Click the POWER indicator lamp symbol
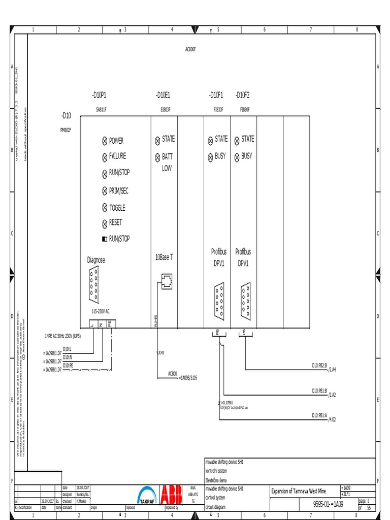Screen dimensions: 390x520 105,141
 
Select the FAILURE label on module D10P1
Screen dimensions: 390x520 117,156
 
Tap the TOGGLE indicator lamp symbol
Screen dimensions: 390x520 105,208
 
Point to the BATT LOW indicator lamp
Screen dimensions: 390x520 157,157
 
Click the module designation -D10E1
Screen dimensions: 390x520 163,95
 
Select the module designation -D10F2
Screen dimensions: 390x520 243,95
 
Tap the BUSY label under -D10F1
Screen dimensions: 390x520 220,156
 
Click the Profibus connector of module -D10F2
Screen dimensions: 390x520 246,301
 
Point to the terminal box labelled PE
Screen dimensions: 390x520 111,323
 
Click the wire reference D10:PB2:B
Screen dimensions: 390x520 319,365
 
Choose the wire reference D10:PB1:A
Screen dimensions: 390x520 319,415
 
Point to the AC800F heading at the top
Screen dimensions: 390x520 190,49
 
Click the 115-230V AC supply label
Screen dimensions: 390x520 101,311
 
